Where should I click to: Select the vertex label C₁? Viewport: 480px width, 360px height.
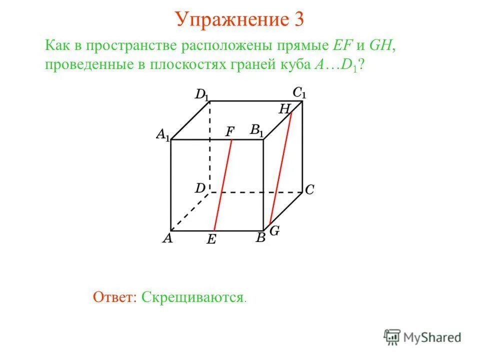coord(299,92)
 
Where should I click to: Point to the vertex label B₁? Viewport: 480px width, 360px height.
coord(257,131)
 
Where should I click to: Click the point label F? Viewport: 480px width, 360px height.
coord(230,131)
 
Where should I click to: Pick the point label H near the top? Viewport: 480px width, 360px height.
coord(284,108)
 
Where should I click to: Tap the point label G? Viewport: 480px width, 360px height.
coord(275,230)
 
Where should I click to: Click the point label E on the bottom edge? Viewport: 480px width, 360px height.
coord(211,240)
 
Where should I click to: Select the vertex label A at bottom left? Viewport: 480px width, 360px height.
coord(167,238)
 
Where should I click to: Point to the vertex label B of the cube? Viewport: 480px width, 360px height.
coord(260,238)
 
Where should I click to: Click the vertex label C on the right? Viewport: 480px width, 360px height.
coord(309,190)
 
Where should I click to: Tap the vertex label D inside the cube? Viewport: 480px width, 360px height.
coord(200,188)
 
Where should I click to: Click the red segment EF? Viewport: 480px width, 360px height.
coord(223,185)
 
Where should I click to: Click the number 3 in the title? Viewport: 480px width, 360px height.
coord(298,20)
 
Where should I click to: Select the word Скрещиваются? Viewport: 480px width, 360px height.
coord(192,297)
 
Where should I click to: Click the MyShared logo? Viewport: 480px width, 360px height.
coord(422,336)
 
